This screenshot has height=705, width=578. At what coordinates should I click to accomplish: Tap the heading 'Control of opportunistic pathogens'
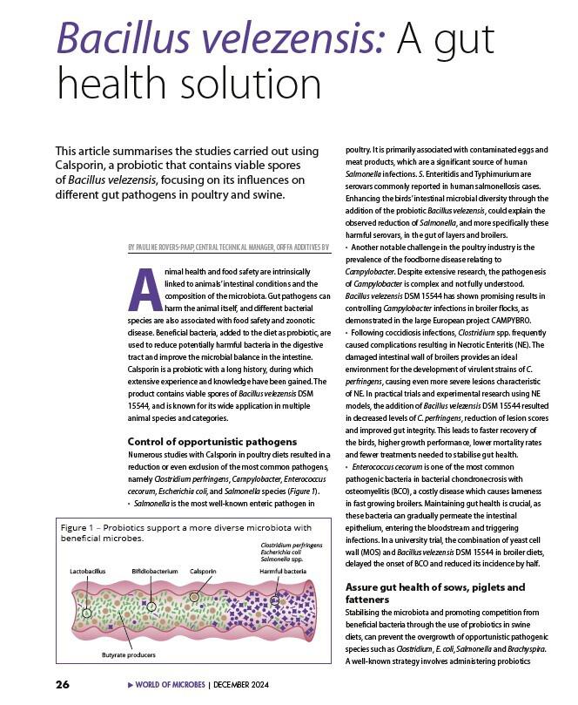(212, 442)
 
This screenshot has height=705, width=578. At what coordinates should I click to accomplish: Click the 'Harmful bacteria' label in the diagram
(283, 571)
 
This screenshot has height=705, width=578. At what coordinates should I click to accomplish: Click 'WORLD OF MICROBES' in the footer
(170, 685)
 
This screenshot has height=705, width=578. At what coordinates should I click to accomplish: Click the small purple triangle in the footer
(131, 685)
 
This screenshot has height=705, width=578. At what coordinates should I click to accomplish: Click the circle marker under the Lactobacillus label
(86, 613)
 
